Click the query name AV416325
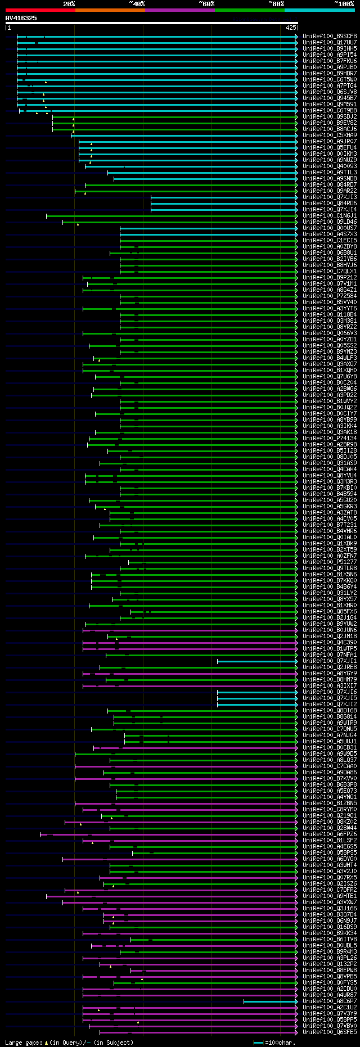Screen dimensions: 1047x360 click(x=21, y=18)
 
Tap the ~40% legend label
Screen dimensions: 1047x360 click(x=137, y=3)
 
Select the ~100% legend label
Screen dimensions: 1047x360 click(x=344, y=3)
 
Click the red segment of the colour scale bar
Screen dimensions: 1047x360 click(x=40, y=10)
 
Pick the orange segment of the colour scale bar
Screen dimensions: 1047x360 click(x=110, y=10)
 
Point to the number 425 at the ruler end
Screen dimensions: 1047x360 click(x=291, y=28)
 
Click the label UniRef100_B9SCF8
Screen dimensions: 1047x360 click(x=330, y=37)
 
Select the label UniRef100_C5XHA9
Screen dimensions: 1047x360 click(x=330, y=136)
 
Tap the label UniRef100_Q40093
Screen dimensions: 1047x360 click(x=330, y=166)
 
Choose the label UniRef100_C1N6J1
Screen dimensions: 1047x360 click(x=330, y=216)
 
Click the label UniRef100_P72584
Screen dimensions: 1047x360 click(x=330, y=296)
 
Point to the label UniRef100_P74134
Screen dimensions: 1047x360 click(x=330, y=439)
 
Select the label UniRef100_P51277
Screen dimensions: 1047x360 click(x=330, y=562)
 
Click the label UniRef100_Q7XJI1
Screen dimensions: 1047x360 click(x=330, y=661)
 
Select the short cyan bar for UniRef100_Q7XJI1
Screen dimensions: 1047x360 click(x=256, y=661)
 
